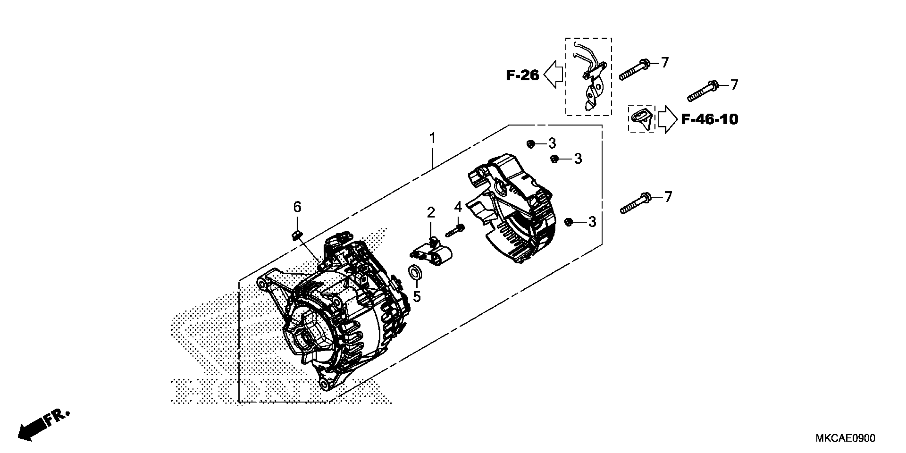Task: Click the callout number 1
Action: point(432,138)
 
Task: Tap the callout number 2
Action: point(431,212)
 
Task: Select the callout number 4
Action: point(458,207)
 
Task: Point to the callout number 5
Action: point(416,297)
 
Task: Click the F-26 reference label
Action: point(522,75)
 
